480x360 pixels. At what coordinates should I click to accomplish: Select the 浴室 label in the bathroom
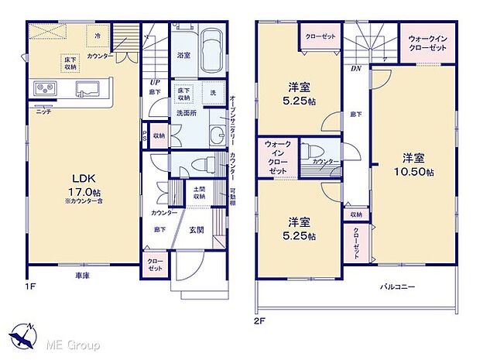coord(184,56)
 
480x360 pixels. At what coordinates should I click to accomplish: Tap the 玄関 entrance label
coord(197,229)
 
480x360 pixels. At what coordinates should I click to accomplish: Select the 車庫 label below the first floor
coord(83,276)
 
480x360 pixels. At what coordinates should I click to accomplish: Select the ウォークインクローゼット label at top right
coord(427,43)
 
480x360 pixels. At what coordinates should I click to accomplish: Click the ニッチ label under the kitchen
coord(43,110)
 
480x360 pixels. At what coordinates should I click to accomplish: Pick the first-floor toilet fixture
coord(199,163)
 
